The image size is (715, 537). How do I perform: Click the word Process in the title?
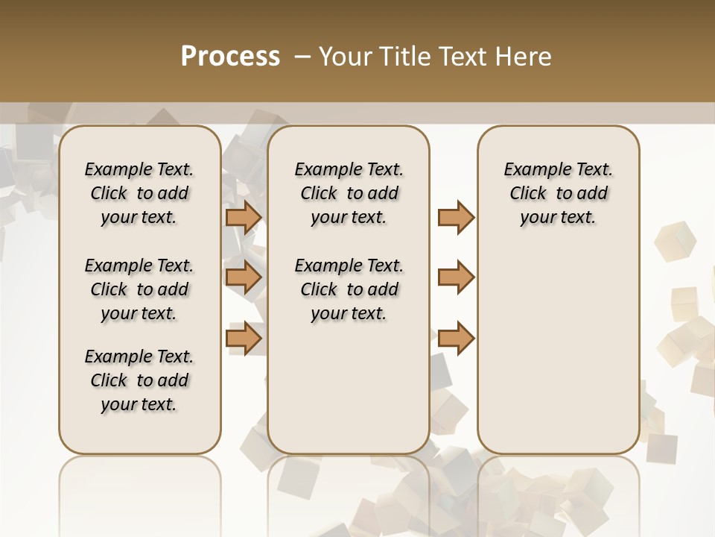click(230, 57)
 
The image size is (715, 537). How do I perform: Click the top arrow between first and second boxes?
click(244, 218)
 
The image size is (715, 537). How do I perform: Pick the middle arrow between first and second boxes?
click(244, 277)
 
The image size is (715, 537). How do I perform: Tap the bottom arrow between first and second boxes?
click(244, 338)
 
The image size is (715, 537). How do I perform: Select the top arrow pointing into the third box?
click(456, 218)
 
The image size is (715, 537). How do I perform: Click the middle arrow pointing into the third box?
click(456, 277)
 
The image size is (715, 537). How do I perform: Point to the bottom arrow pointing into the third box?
click(456, 338)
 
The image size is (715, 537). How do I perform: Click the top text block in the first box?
click(139, 193)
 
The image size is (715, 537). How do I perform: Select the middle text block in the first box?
click(139, 289)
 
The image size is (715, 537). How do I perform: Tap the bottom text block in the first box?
click(139, 380)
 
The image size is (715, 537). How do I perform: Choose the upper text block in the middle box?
click(349, 193)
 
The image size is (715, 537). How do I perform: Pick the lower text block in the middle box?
click(349, 289)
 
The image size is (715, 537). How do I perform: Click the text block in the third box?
click(558, 193)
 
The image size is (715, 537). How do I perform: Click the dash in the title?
click(302, 57)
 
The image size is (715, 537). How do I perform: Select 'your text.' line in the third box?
click(558, 218)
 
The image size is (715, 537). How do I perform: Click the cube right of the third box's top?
click(675, 241)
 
